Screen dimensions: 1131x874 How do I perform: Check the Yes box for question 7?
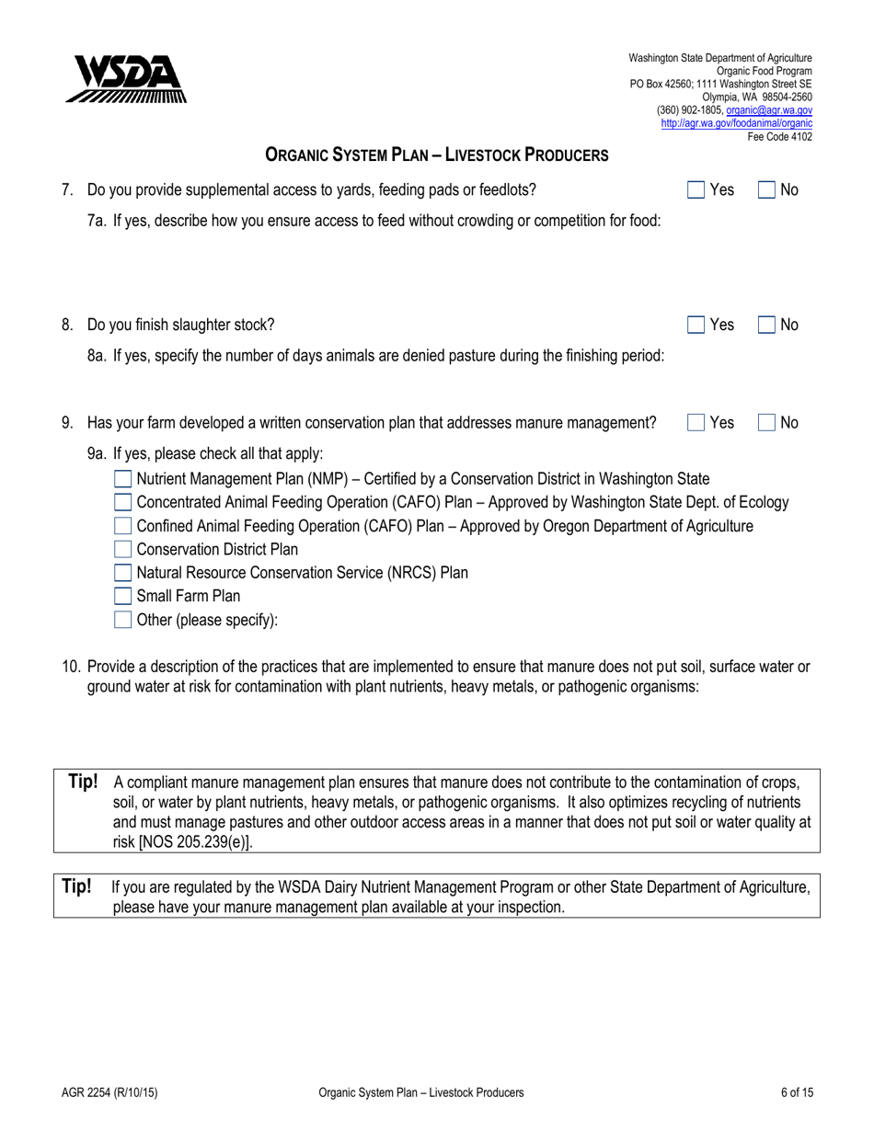[697, 190]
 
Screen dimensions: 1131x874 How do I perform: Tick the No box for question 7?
[767, 190]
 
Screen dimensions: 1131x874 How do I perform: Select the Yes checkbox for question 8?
[697, 325]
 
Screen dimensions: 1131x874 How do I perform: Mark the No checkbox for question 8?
[767, 325]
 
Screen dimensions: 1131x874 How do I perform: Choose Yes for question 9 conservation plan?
[697, 423]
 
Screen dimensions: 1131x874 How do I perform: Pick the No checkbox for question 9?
[767, 423]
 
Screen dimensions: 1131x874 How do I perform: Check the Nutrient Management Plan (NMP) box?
[122, 479]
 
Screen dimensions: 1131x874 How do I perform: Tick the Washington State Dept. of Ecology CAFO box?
[122, 502]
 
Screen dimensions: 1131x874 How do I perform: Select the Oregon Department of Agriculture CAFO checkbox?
[122, 526]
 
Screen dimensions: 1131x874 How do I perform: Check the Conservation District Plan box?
[122, 550]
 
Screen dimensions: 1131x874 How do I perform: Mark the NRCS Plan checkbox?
[122, 573]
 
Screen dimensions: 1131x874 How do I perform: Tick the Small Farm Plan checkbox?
[122, 596]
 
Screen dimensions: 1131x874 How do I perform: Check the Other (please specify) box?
[122, 620]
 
